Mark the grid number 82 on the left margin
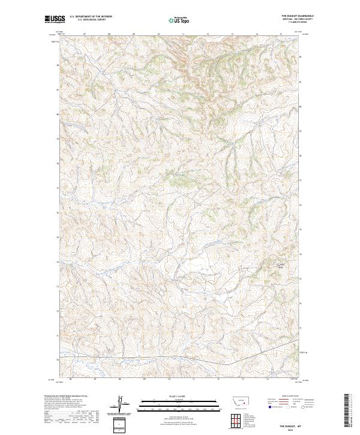[58, 65]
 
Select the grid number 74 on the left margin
[58, 262]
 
